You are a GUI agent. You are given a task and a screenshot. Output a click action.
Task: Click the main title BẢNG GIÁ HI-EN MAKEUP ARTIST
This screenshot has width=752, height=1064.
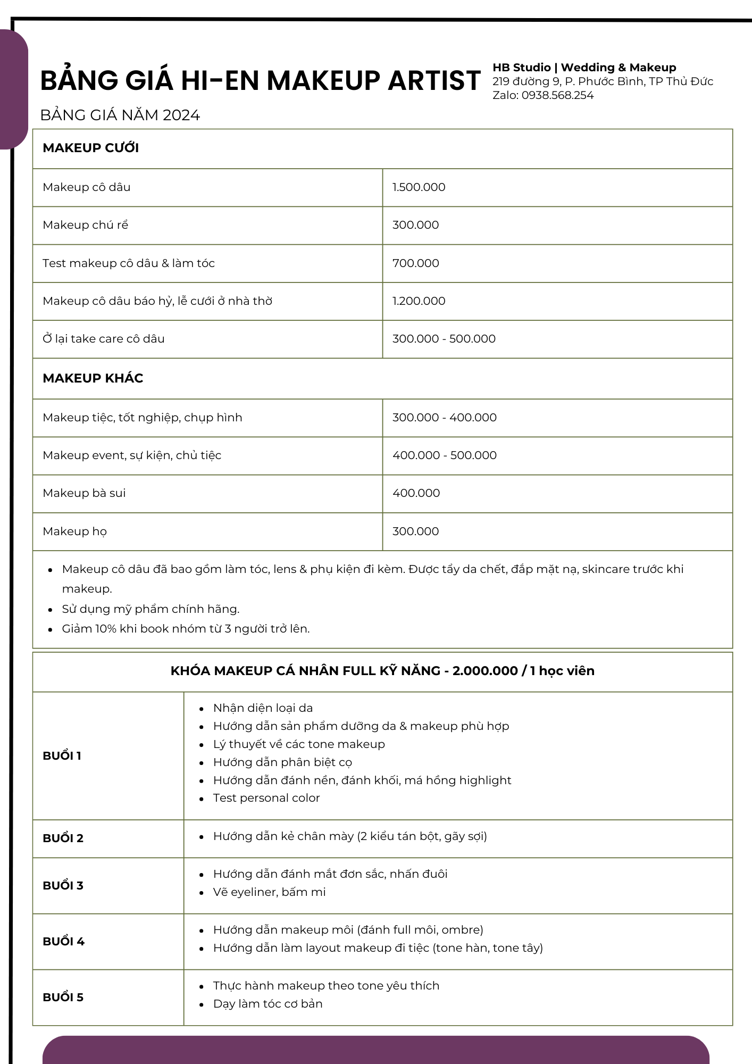(260, 81)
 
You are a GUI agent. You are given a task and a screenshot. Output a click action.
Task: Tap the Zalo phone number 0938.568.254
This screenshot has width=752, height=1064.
(557, 95)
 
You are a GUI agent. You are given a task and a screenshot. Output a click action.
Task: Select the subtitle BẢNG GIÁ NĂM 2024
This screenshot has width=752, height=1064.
(120, 115)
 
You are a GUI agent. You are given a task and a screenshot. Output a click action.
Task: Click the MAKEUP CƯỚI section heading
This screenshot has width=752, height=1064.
(91, 148)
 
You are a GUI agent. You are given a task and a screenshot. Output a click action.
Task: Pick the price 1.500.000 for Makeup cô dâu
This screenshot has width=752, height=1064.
(419, 187)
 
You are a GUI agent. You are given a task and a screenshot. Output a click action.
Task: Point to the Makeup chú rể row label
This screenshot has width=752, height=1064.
(86, 225)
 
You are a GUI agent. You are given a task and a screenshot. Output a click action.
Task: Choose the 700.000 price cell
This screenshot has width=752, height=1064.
(416, 263)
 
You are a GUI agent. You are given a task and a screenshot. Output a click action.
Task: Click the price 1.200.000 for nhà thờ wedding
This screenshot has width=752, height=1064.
(419, 301)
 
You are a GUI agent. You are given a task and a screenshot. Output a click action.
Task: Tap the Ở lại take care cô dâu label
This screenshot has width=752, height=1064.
(104, 339)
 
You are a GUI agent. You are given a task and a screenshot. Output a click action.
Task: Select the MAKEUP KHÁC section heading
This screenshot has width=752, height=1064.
(93, 378)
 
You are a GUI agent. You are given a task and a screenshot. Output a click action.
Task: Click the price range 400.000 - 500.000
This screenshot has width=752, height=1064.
(445, 455)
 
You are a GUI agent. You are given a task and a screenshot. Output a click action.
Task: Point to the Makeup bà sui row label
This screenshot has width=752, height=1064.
(84, 493)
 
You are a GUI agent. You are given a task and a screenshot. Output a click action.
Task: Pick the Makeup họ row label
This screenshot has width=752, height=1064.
(75, 531)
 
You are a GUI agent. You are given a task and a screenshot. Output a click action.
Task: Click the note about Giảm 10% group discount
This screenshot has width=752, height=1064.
(186, 629)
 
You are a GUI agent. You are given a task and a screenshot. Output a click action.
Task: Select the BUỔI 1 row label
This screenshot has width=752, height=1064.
(62, 756)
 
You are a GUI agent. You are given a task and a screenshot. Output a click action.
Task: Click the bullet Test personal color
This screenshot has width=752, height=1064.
(266, 798)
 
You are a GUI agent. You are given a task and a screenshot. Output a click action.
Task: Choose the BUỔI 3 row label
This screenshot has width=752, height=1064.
(63, 886)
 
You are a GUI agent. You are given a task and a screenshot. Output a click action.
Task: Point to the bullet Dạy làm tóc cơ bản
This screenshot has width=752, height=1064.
(268, 1004)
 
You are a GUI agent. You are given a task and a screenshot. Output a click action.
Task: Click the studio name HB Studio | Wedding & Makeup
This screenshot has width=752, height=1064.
(584, 68)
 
